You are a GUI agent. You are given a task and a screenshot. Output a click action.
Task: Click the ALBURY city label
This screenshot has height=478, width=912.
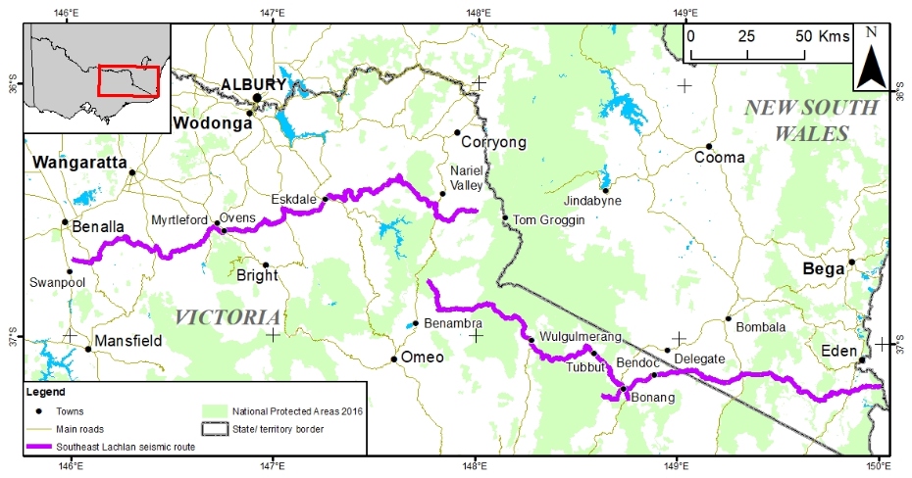(x=253, y=84)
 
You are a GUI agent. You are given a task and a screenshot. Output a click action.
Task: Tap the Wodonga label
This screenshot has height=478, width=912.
(x=208, y=122)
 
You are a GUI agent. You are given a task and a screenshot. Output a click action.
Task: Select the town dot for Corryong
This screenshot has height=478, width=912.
(x=456, y=132)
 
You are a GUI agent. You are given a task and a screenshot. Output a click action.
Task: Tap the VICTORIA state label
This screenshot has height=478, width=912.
(x=228, y=317)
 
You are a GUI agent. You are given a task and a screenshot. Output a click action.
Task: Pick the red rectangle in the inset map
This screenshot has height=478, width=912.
(x=127, y=81)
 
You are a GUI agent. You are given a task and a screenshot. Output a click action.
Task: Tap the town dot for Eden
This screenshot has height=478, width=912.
(x=861, y=360)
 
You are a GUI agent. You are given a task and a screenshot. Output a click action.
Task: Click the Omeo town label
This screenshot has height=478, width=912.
(x=423, y=358)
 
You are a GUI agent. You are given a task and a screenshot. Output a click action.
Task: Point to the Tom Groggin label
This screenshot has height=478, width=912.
(x=549, y=220)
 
